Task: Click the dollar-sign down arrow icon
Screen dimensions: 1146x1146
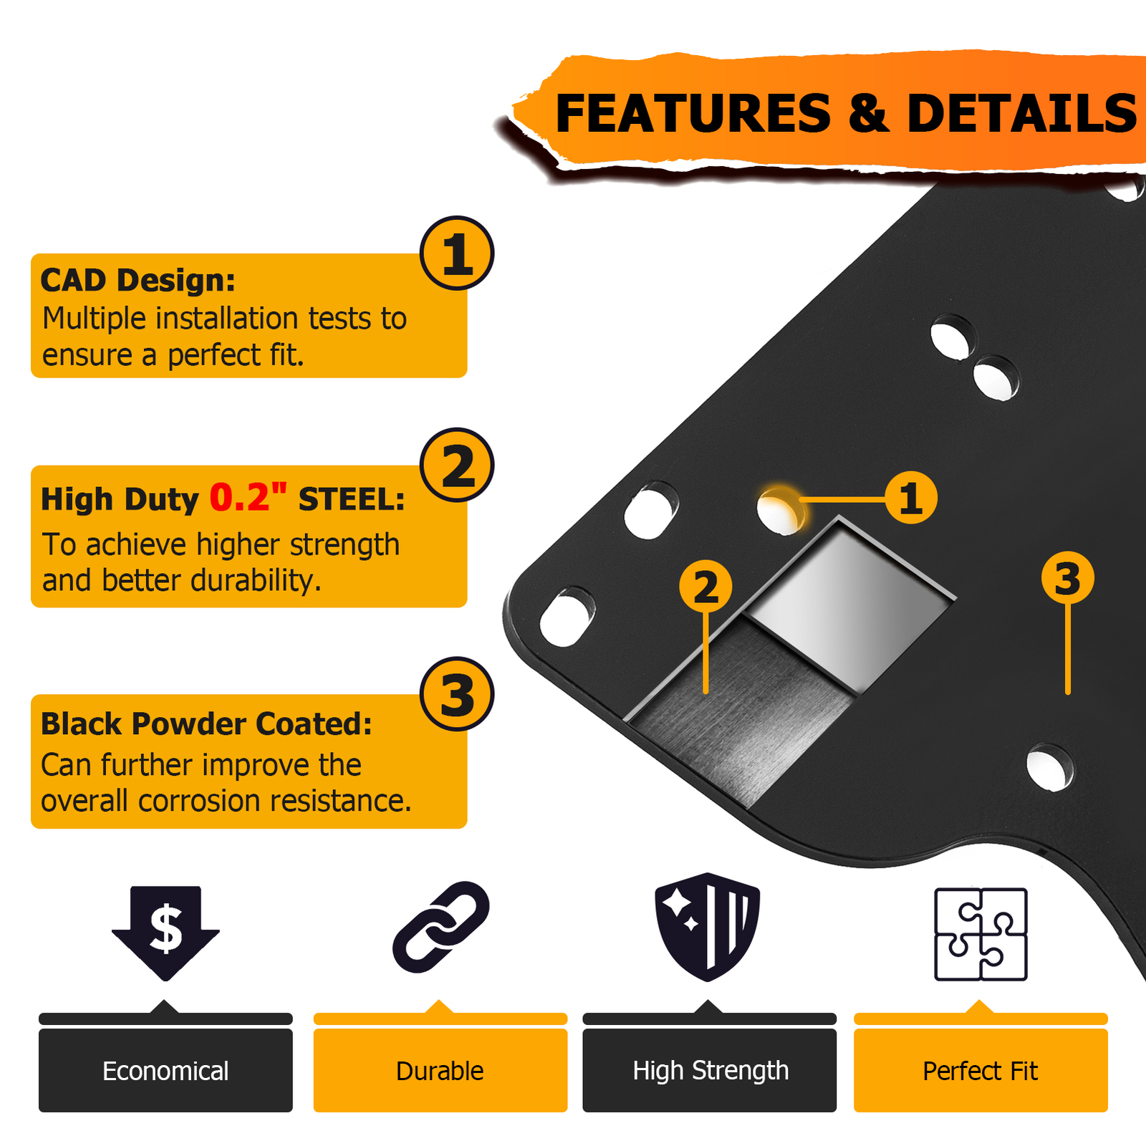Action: [165, 930]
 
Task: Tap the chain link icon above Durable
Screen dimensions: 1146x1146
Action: [440, 927]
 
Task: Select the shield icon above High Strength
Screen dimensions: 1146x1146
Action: [707, 926]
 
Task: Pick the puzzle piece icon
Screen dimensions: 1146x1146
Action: [981, 934]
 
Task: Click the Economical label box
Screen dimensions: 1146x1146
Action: [165, 1070]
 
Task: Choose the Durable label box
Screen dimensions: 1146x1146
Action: [440, 1070]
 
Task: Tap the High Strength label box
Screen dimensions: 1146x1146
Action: [709, 1070]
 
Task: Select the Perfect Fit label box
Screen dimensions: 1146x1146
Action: [980, 1070]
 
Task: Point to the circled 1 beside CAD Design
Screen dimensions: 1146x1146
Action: [457, 254]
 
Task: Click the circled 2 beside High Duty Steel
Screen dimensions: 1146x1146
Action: [457, 466]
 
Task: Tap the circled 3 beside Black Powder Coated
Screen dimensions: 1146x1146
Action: [457, 694]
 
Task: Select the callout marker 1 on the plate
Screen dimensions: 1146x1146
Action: [910, 498]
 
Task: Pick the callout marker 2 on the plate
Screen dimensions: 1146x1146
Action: [706, 587]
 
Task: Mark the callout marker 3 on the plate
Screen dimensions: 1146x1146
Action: [1067, 578]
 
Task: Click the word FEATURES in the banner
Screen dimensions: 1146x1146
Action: [693, 114]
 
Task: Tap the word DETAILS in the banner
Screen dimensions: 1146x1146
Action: [1021, 114]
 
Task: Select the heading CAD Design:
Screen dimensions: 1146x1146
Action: [138, 280]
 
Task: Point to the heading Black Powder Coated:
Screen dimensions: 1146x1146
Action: [206, 724]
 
